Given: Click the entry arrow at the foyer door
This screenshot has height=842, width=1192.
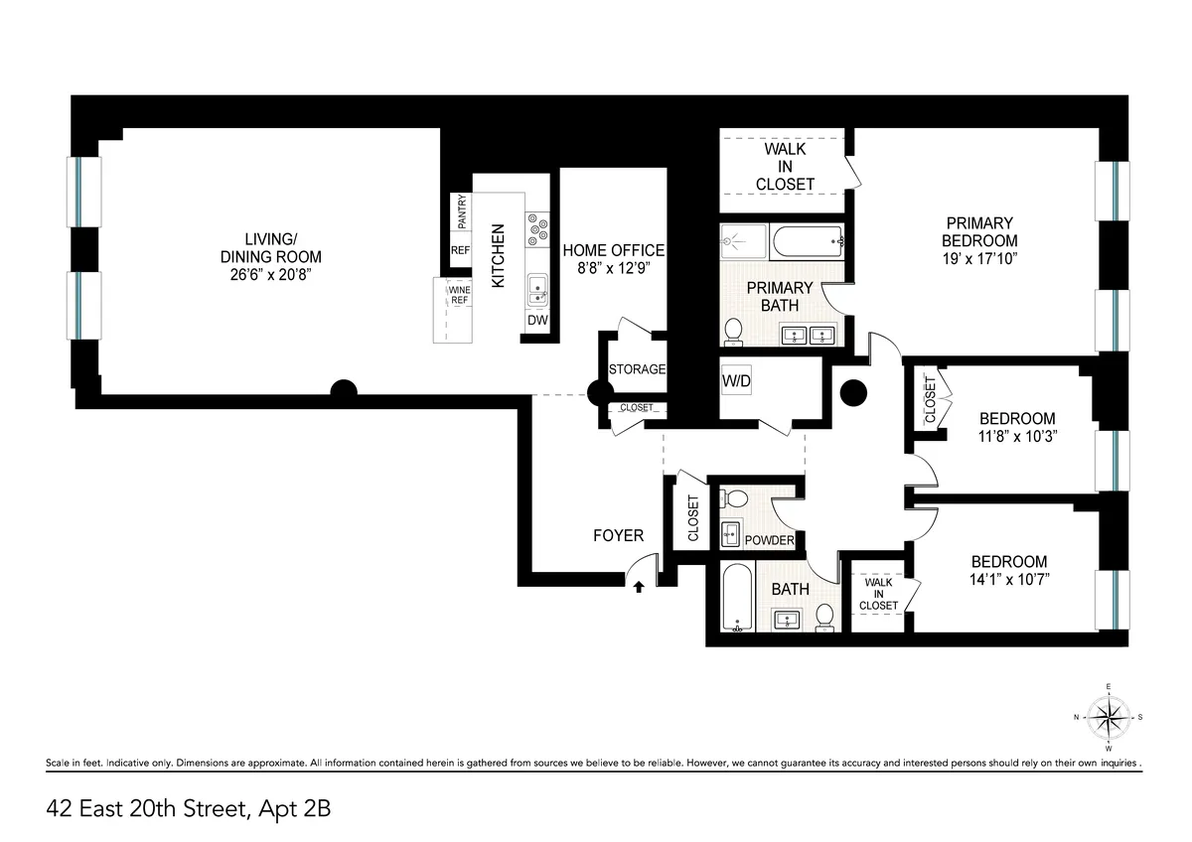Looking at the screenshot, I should point(639,587).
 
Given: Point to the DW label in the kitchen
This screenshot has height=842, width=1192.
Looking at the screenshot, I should point(536,321).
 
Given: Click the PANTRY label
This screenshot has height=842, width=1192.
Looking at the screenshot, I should point(461,212).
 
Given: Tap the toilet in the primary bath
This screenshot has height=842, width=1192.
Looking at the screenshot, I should point(733,331).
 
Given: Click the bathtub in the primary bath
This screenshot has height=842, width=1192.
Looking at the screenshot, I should point(808,240).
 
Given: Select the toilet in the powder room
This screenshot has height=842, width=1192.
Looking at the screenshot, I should point(736,497).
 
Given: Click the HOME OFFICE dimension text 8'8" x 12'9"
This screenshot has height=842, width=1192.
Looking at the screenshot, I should point(613,268).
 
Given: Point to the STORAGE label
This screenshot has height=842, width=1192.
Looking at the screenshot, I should point(637,369).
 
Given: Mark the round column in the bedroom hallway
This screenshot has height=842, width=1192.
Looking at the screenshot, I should point(853,394).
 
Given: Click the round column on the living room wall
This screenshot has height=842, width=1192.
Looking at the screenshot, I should point(343,389).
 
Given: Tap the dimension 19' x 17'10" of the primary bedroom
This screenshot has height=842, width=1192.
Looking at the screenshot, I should point(979,258).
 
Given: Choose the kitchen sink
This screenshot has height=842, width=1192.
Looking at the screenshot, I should point(536,288).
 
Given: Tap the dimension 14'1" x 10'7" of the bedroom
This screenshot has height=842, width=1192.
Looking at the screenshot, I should point(1008,578).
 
